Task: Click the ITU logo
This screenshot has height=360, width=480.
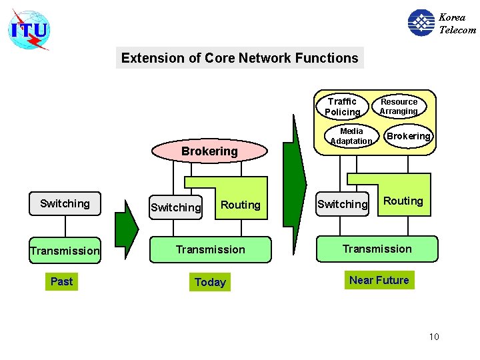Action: (x=29, y=30)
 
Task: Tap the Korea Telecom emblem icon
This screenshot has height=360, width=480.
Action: (x=421, y=23)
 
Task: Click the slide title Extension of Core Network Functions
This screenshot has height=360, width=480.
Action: (x=239, y=58)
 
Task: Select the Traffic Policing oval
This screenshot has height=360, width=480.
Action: (x=342, y=107)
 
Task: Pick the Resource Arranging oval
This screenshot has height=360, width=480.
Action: (x=399, y=107)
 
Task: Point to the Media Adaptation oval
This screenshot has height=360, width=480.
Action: (x=351, y=136)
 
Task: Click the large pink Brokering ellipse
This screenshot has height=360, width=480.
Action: (x=209, y=151)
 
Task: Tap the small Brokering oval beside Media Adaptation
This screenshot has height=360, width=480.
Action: (x=409, y=136)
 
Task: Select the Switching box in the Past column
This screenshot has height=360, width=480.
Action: (x=65, y=203)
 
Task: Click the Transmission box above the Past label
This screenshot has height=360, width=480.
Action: (x=65, y=251)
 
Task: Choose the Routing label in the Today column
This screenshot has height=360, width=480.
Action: (x=240, y=205)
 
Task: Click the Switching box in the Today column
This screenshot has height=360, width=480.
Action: (x=175, y=207)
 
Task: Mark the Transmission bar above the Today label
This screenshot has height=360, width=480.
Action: (x=211, y=249)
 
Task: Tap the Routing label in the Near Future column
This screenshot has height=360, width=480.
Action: (x=403, y=201)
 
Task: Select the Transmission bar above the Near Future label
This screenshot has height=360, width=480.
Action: (x=377, y=249)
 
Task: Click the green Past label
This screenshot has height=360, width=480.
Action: (x=61, y=281)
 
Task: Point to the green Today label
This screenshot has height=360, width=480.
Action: (x=210, y=282)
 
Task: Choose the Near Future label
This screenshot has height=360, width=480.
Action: (x=379, y=280)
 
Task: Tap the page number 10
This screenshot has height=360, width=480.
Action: (x=434, y=337)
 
